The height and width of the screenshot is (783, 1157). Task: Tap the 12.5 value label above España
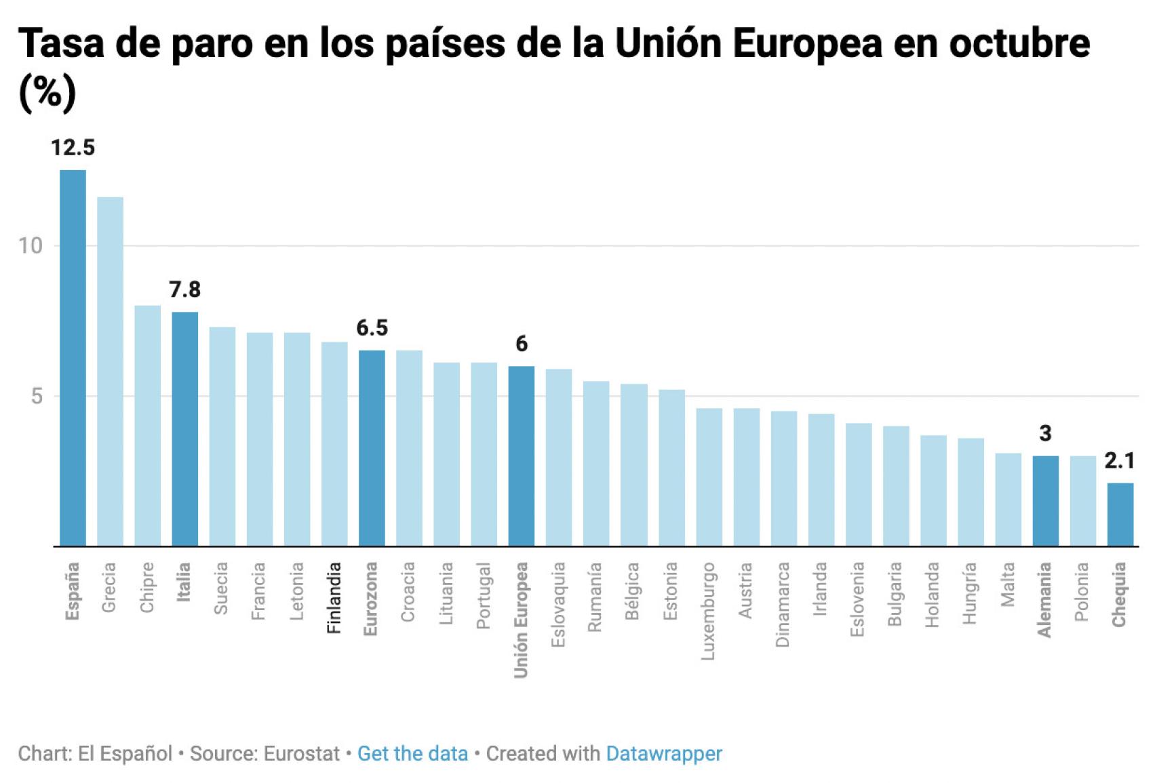tap(73, 147)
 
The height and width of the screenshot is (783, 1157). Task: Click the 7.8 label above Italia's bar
tap(184, 289)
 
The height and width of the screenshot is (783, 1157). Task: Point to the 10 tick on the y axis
tap(31, 245)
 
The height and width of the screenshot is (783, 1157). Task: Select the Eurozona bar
tap(372, 447)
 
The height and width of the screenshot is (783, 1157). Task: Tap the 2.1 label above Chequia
tap(1119, 461)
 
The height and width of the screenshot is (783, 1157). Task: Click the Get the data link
tap(412, 754)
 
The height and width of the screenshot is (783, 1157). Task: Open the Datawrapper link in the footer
tap(664, 754)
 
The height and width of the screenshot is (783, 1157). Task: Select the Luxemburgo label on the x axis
tap(708, 611)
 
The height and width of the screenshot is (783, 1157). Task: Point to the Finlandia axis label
tap(334, 598)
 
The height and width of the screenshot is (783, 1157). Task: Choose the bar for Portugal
tap(484, 454)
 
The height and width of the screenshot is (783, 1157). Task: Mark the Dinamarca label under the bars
tap(783, 604)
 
